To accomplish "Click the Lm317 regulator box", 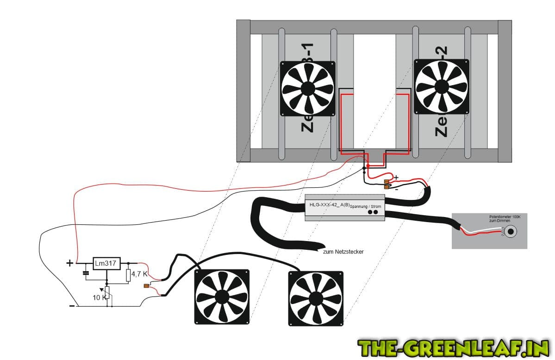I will click(106, 264).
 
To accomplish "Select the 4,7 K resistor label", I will click(139, 274).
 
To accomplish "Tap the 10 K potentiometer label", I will click(99, 297).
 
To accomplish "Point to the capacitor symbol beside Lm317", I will click(85, 273).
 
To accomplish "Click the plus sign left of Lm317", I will click(70, 263).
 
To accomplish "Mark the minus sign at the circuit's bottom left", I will click(72, 306).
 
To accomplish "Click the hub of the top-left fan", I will click(307, 88).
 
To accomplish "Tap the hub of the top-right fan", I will click(441, 86).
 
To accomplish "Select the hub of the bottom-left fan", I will click(221, 297).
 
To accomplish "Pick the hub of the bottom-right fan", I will click(316, 298).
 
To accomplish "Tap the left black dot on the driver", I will click(370, 212).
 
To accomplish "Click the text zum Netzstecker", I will click(343, 252).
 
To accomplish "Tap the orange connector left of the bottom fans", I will click(146, 286).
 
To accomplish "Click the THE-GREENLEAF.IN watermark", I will click(453, 347).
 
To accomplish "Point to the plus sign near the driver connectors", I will click(396, 177).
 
